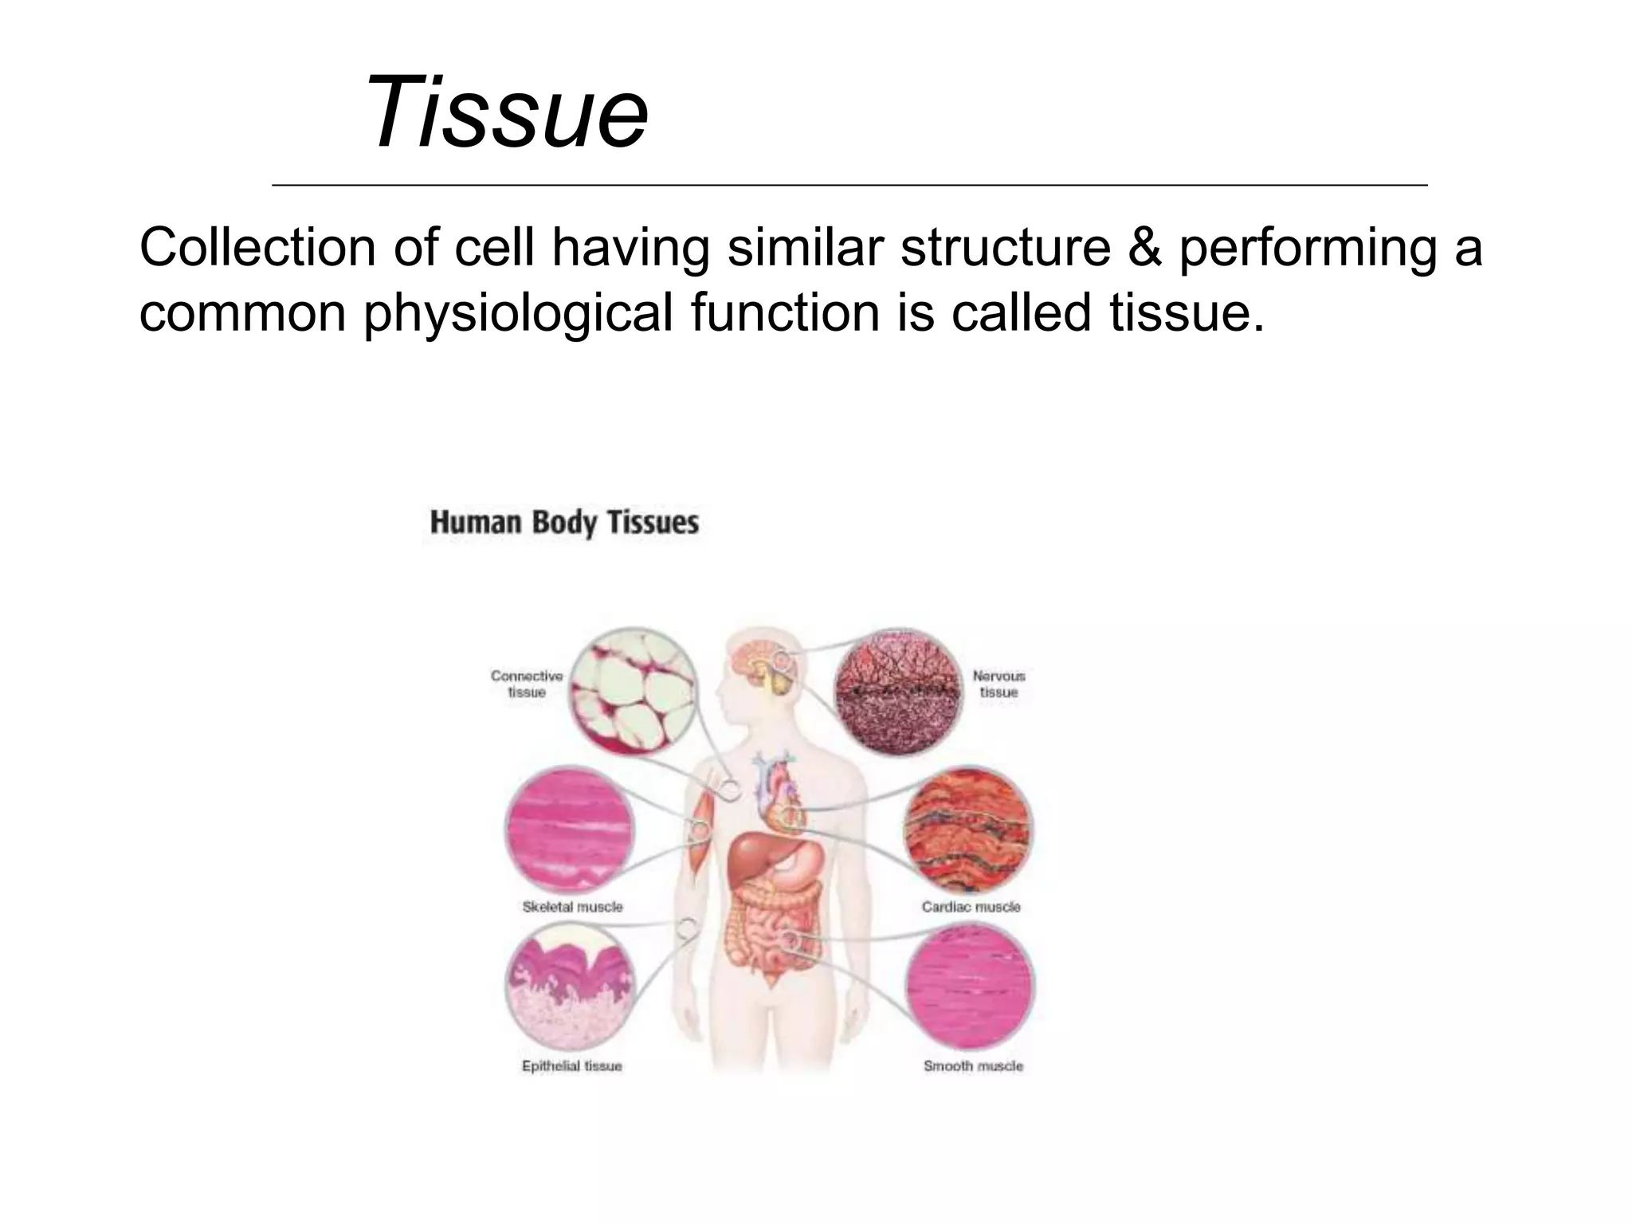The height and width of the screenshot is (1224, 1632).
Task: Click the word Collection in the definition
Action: click(x=257, y=248)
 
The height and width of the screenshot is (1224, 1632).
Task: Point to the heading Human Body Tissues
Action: click(x=564, y=523)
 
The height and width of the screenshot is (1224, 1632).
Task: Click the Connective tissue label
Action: click(x=527, y=684)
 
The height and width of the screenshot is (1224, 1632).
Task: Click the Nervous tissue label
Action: click(x=998, y=684)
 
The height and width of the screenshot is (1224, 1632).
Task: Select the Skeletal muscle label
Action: click(x=572, y=907)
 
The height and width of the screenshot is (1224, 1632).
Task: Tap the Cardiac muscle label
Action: click(x=971, y=907)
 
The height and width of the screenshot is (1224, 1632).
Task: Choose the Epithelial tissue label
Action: click(x=571, y=1066)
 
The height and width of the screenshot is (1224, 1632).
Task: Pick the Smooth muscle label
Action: click(x=973, y=1066)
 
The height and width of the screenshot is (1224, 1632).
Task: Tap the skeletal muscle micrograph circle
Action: click(x=571, y=832)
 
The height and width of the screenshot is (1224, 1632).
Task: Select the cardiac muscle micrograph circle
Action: click(x=968, y=830)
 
